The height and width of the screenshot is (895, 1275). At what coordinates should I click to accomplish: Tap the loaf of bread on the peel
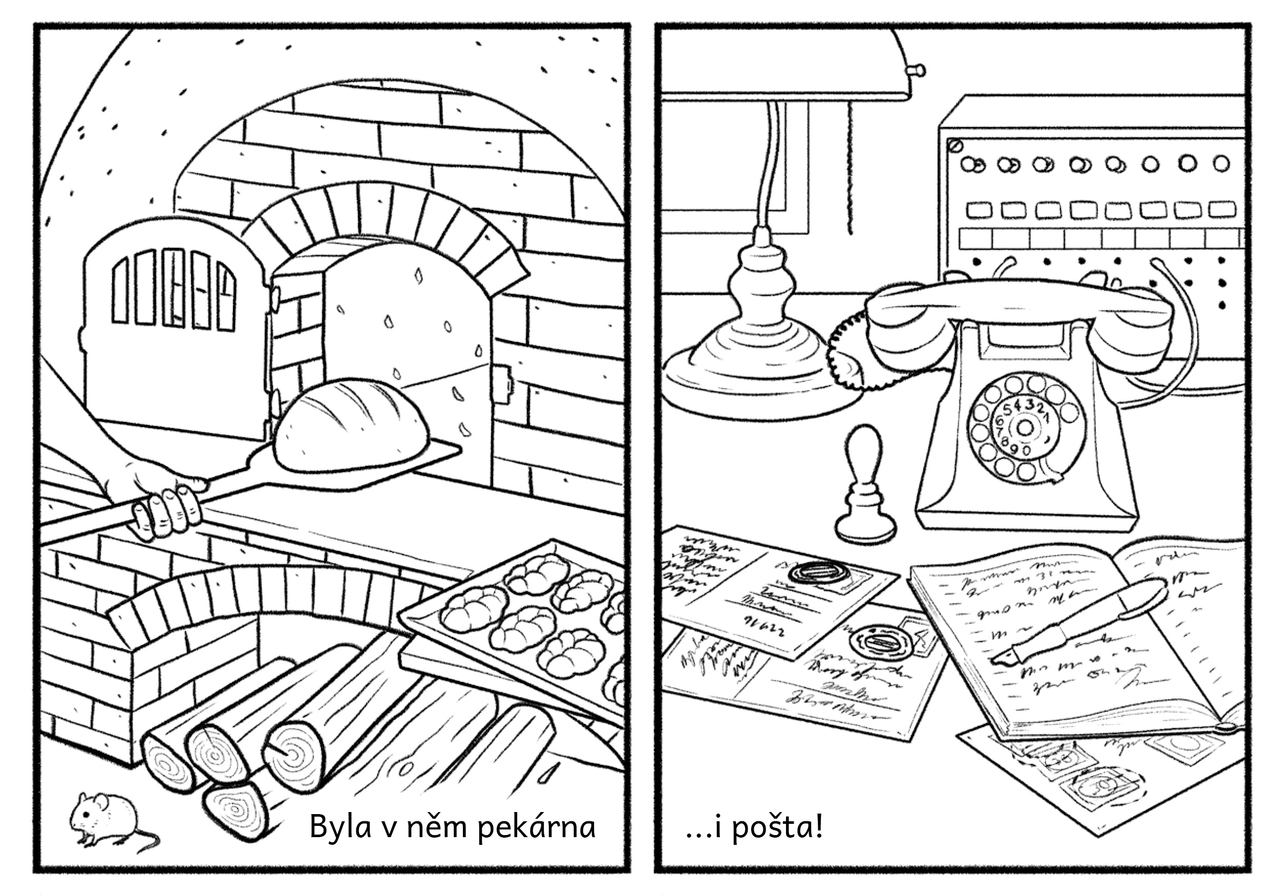[x=353, y=425]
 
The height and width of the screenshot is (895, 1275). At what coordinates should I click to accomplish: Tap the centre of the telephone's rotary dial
[x=1025, y=428]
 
